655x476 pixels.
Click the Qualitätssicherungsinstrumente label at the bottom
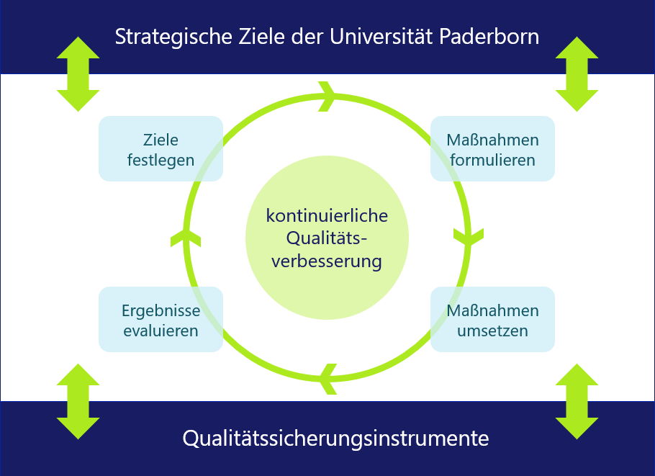[335, 438]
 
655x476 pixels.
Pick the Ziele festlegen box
[161, 149]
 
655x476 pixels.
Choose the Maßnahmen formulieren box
[492, 149]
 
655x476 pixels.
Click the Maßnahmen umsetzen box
[492, 320]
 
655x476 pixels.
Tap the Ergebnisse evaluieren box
[161, 320]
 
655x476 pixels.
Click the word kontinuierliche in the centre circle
[327, 215]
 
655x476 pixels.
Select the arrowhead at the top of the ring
[327, 96]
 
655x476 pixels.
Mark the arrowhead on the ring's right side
[469, 235]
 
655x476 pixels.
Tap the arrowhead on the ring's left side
[186, 235]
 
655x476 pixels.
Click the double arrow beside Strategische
[78, 74]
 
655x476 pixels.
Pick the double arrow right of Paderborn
[577, 74]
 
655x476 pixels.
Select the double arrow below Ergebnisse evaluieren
[78, 401]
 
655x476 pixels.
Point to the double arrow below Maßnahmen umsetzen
[577, 401]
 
